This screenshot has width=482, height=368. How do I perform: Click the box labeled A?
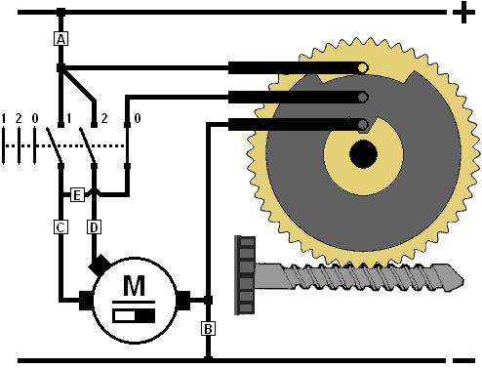point(60,39)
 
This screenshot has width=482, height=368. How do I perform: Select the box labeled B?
point(208,329)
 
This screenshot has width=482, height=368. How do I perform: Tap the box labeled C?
point(60,227)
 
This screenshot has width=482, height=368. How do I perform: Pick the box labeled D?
point(94,227)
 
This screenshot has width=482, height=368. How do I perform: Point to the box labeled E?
point(77,195)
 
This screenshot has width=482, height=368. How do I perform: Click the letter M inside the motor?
point(134,285)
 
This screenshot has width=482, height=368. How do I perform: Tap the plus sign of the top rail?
point(463,13)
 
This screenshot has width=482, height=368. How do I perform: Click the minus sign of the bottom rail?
point(463,360)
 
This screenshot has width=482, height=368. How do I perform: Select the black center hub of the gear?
point(363,154)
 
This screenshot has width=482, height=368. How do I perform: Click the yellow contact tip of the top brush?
point(362,68)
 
